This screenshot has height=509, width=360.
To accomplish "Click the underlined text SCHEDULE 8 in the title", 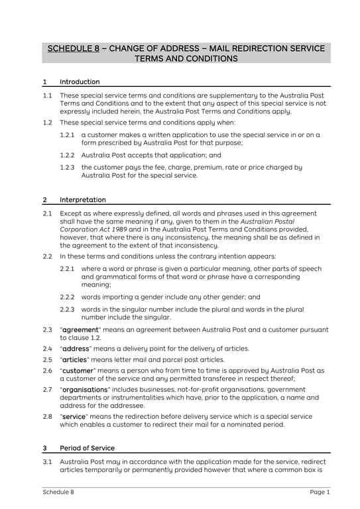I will pos(74,48).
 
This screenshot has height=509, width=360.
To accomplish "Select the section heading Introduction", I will pos(80,82).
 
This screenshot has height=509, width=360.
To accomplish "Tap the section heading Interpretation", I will pos(82,199).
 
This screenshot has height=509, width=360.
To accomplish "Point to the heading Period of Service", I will pos(87,448).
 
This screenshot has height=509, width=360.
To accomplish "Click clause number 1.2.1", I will pos(67,135).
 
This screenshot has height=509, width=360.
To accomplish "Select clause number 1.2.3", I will pos(67,168).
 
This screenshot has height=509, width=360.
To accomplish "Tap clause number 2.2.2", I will pos(67,298).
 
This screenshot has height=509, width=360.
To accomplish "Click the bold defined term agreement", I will pos(80,330).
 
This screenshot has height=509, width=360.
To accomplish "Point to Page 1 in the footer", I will pos(320,492).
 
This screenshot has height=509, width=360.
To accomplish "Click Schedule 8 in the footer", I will pos(58,492).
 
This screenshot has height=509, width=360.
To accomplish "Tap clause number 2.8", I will pos(47,417).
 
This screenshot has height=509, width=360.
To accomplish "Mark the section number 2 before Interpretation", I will pos(44,199).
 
